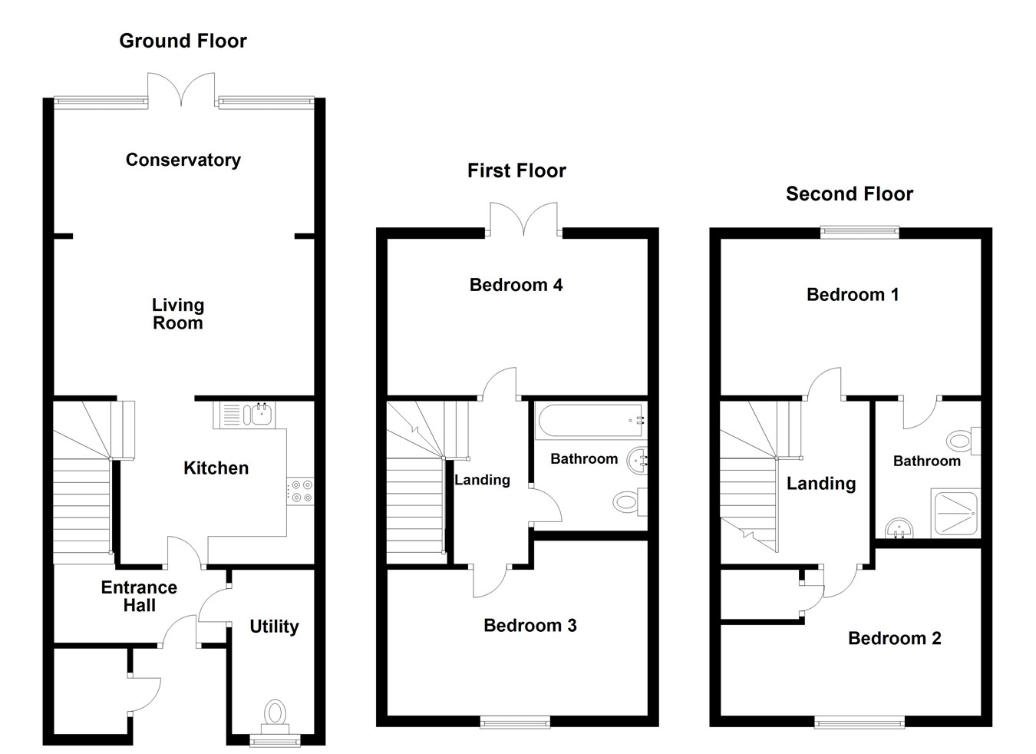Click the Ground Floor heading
(183, 41)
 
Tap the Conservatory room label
(183, 160)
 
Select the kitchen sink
(244, 415)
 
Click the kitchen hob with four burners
(301, 491)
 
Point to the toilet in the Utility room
(275, 717)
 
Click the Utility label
(274, 627)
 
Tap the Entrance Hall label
(139, 596)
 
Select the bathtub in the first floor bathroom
(590, 421)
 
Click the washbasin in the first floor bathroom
(637, 460)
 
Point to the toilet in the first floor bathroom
(630, 501)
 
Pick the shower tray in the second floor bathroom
(955, 514)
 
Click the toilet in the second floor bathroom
(963, 440)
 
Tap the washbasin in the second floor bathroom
(899, 528)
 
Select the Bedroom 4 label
(516, 285)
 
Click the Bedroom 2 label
(895, 639)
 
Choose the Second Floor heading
(850, 194)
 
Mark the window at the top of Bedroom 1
(859, 232)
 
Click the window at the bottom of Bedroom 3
(515, 722)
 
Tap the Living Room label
(178, 314)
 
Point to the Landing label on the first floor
(483, 481)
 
